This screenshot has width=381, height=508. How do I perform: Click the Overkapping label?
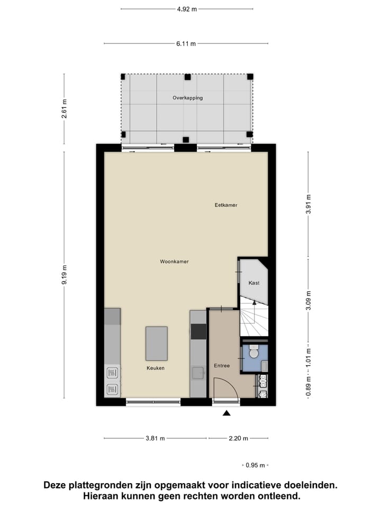187,98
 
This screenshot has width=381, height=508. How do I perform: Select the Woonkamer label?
174,261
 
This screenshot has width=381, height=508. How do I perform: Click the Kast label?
254,283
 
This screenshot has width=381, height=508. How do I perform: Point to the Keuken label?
156,368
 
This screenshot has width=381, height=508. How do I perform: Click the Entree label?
222,366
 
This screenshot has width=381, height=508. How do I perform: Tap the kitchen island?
157,343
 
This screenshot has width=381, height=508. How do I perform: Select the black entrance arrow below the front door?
227,413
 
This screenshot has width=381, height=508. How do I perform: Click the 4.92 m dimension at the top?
186,9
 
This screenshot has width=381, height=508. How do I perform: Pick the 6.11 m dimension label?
186,43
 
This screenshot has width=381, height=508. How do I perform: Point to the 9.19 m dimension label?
65,275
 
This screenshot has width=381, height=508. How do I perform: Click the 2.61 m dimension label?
65,109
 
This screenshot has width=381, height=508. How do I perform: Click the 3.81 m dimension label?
155,438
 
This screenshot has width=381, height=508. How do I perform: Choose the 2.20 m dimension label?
238,438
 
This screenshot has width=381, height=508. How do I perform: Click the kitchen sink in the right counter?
198,373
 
